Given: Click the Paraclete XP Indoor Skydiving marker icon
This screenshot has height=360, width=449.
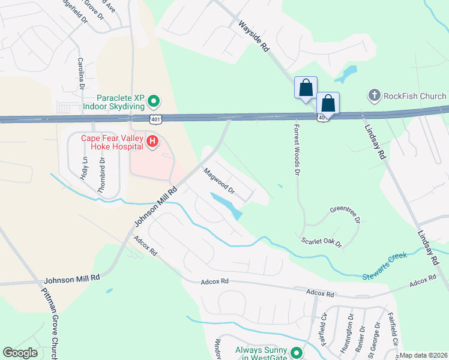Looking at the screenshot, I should (153, 101).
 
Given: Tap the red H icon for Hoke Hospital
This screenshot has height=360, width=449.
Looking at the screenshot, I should (152, 142).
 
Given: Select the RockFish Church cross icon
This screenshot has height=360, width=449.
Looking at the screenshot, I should (373, 95).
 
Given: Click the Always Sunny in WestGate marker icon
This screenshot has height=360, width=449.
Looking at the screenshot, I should (295, 353).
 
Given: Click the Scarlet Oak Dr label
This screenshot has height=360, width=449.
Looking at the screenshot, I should (321, 242).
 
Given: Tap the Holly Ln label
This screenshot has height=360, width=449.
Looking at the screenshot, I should (85, 169).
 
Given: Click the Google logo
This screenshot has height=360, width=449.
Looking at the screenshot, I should (20, 353).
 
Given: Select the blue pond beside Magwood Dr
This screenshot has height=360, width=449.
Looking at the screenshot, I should (227, 204).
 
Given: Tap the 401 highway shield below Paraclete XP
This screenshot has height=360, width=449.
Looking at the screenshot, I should (155, 119).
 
